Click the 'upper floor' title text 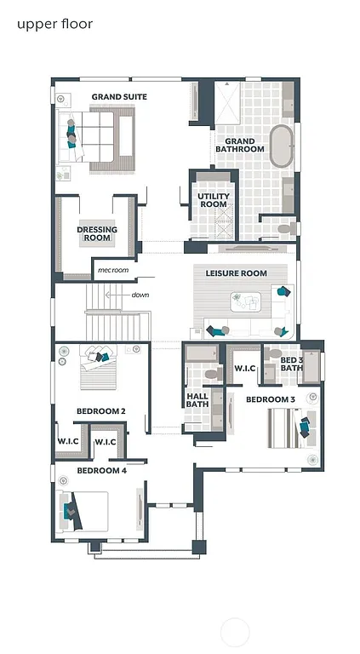click(54, 24)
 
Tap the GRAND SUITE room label click(119, 97)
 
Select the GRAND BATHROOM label click(239, 145)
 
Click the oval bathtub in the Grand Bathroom click(281, 146)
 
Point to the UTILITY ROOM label click(213, 200)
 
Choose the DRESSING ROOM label click(97, 234)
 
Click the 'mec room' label click(112, 270)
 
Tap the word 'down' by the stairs click(140, 295)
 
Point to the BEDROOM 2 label click(101, 411)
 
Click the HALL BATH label click(197, 400)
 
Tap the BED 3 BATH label click(291, 364)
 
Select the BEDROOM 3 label click(271, 399)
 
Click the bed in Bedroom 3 click(288, 427)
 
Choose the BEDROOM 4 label click(101, 470)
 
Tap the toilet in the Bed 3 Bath click(274, 353)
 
